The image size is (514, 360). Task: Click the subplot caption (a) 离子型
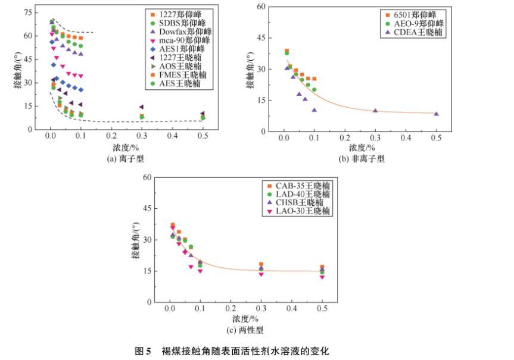click(126, 159)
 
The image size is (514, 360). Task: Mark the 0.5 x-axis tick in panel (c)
click(322, 310)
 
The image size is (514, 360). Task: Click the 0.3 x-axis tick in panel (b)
click(375, 137)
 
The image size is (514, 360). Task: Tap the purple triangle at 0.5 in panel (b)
click(436, 114)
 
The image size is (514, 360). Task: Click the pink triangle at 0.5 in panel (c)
click(322, 277)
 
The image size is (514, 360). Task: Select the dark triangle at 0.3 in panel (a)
click(142, 107)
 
